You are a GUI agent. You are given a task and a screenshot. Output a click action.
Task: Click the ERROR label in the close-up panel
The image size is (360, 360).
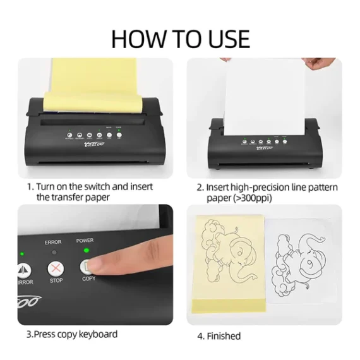click(x=53, y=241)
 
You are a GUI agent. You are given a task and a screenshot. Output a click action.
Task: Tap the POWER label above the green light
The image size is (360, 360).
click(x=85, y=241)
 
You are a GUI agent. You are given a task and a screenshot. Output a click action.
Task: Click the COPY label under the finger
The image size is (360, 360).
click(x=88, y=279)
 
